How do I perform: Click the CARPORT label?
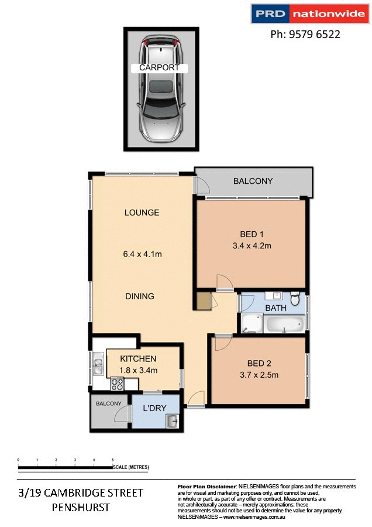(159, 67)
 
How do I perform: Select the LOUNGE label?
(142, 213)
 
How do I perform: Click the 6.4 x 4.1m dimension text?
(142, 254)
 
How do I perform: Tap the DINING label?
(140, 296)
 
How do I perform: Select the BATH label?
(275, 307)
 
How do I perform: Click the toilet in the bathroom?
(295, 300)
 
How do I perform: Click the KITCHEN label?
(138, 359)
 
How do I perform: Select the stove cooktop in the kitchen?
(117, 384)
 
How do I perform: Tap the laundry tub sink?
(171, 421)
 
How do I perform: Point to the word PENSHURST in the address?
(81, 507)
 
